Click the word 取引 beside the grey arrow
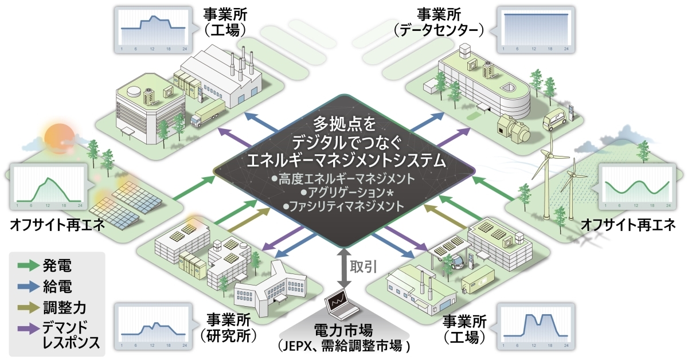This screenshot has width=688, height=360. [x=362, y=265]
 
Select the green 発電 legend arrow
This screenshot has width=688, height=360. [x=28, y=265]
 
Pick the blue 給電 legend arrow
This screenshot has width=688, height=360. [x=28, y=285]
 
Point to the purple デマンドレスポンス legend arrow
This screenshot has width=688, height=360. [x=28, y=328]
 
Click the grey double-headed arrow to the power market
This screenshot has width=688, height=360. [x=342, y=267]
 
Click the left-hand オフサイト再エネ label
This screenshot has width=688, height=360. [x=57, y=225]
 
